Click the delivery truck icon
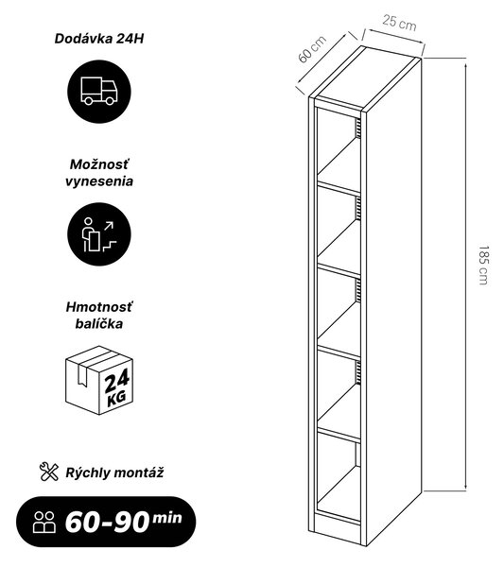(x=99, y=91)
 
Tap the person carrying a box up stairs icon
(x=98, y=234)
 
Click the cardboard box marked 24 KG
(x=99, y=380)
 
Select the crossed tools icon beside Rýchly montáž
(x=49, y=472)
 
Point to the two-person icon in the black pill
(x=44, y=523)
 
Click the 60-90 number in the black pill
(x=107, y=523)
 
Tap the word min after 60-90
(x=166, y=518)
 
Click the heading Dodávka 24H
(x=99, y=39)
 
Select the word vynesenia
(x=99, y=181)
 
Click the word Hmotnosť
(x=99, y=307)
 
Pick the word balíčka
(x=99, y=323)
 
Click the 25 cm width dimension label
(x=399, y=23)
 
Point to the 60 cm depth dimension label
(x=312, y=49)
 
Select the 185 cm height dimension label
(x=483, y=266)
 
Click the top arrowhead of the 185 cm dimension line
(x=466, y=66)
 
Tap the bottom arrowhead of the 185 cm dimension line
(x=466, y=484)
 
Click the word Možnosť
(x=99, y=164)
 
